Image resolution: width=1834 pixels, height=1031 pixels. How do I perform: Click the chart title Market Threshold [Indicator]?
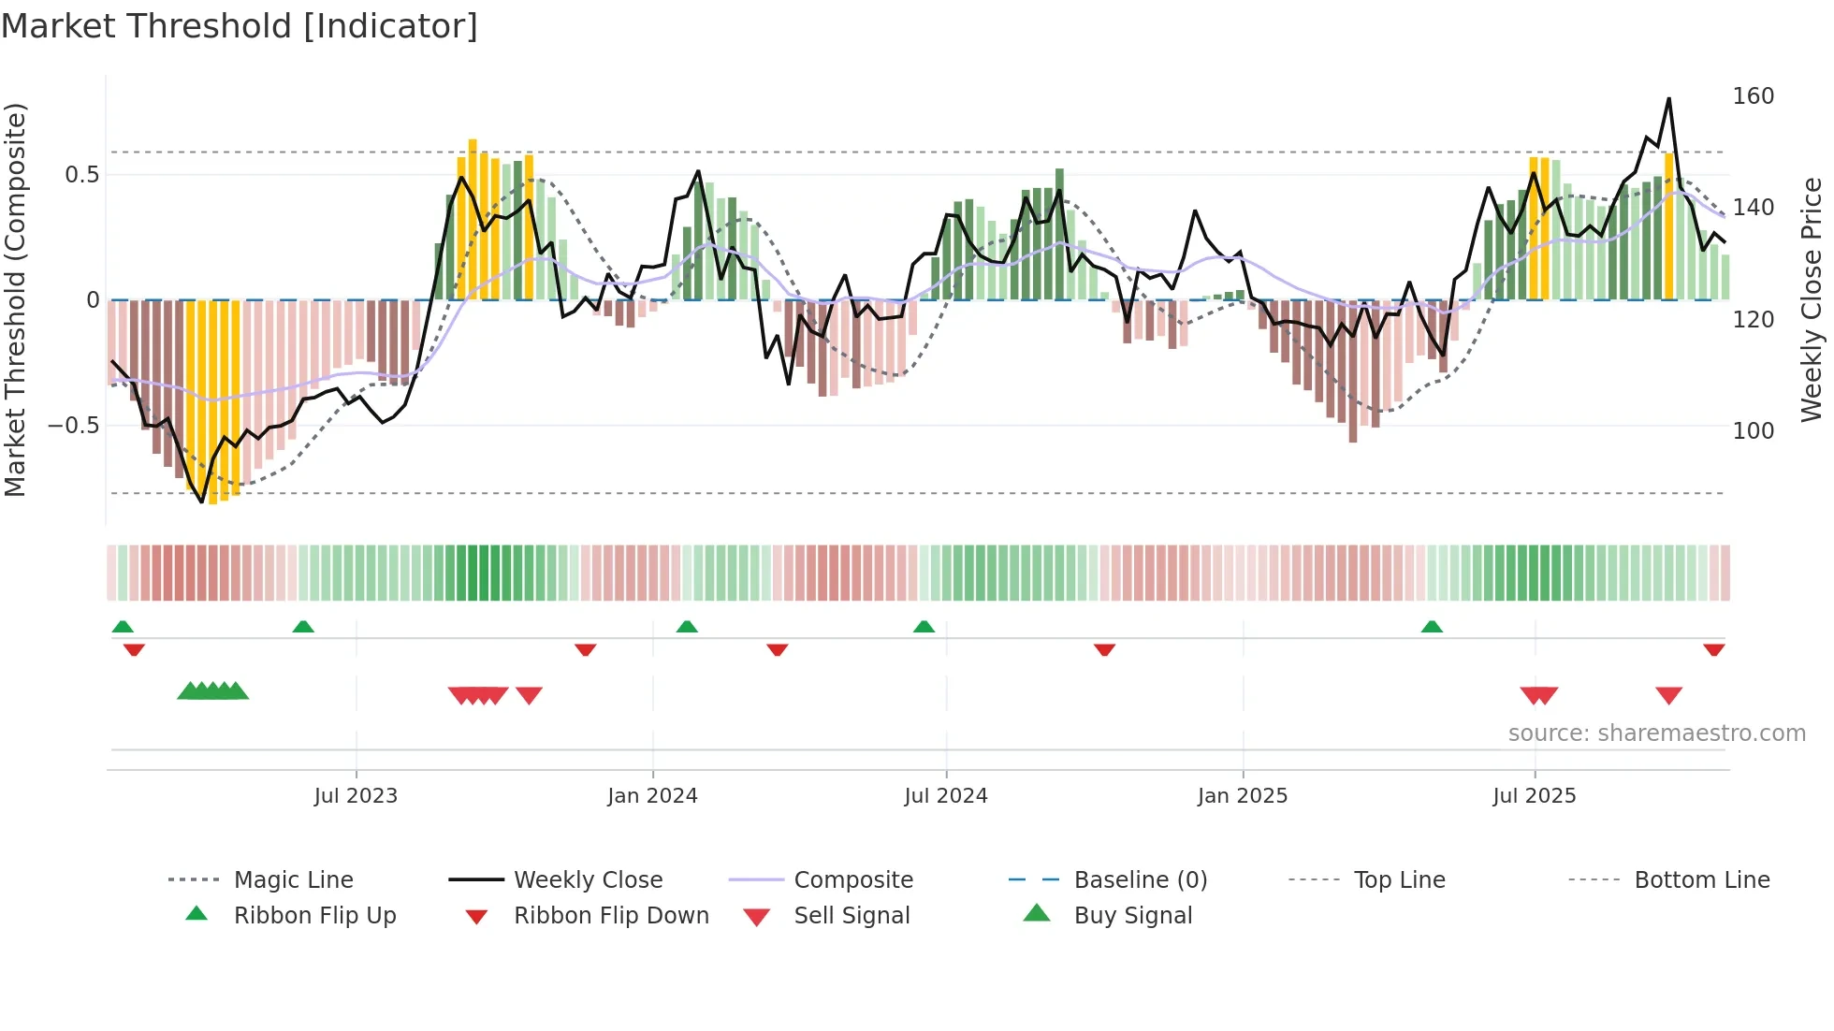coord(240,26)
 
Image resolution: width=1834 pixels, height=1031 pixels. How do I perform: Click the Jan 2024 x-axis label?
coord(652,795)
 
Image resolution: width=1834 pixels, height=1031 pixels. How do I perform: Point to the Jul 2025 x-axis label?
coord(1534,795)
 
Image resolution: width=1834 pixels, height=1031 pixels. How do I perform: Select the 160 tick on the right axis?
coord(1753,96)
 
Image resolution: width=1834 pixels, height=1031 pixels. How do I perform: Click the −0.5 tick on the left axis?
coord(73,426)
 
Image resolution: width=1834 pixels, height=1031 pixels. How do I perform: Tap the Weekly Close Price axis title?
coord(1812,299)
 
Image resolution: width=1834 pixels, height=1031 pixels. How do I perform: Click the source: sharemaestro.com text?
coord(1656,733)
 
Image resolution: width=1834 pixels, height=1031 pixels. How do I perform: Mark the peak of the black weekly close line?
coord(1668,99)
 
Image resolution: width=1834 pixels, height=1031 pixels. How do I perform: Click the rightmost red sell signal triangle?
coord(1668,695)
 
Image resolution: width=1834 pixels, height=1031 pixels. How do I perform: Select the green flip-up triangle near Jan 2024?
coord(687,627)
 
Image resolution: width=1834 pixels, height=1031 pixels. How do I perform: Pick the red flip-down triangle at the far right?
coord(1713,649)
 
